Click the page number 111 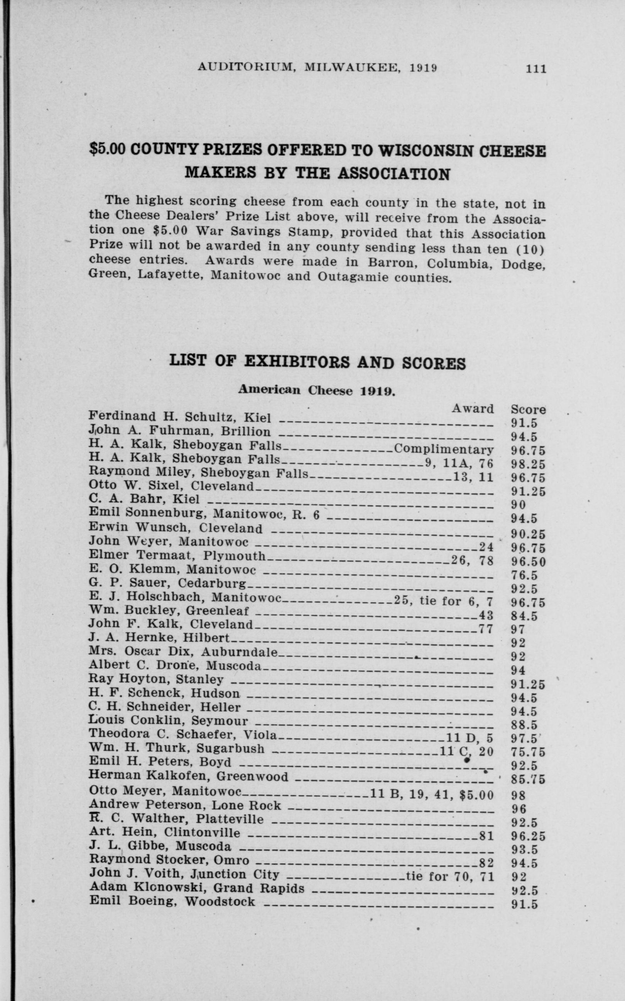tap(536, 69)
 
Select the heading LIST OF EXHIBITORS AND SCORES tap(318, 363)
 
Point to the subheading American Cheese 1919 tap(317, 390)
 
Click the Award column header tap(473, 409)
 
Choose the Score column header tap(528, 409)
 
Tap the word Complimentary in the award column tap(444, 449)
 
